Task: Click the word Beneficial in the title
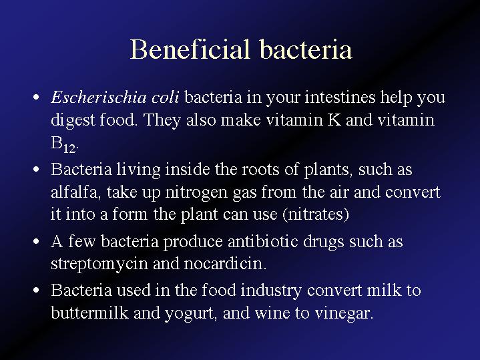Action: (190, 49)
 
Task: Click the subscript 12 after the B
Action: (69, 148)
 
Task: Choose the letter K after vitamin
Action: (334, 120)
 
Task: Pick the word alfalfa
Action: (74, 192)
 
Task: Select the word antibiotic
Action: (263, 241)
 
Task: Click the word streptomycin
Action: (99, 264)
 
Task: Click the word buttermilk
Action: (89, 313)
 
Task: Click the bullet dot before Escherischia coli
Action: (36, 98)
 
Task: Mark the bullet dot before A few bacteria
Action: (36, 242)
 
